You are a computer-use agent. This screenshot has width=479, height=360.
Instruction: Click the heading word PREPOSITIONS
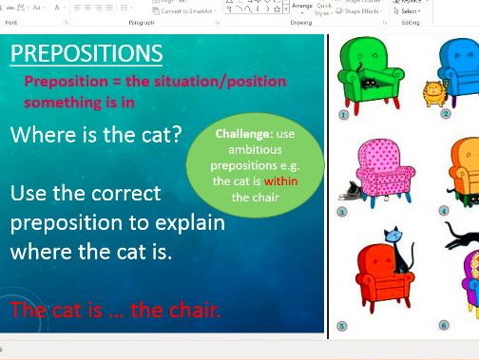[86, 53]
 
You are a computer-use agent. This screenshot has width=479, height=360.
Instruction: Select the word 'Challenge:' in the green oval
[243, 134]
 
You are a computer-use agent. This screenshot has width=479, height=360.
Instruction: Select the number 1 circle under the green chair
[344, 114]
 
